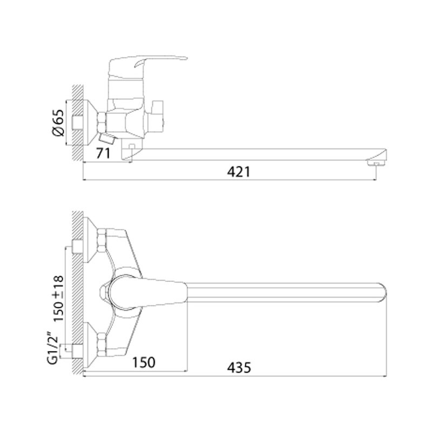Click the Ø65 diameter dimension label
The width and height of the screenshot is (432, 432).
tap(58, 123)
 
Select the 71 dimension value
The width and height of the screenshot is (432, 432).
tap(103, 153)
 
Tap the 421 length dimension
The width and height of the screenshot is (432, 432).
tap(239, 172)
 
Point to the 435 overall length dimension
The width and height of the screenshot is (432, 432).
tap(239, 368)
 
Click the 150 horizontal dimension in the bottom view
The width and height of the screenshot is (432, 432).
tap(144, 362)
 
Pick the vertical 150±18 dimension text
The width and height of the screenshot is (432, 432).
tap(58, 299)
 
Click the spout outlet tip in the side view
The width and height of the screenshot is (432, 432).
tap(376, 164)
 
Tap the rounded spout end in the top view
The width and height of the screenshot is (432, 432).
tap(383, 293)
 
